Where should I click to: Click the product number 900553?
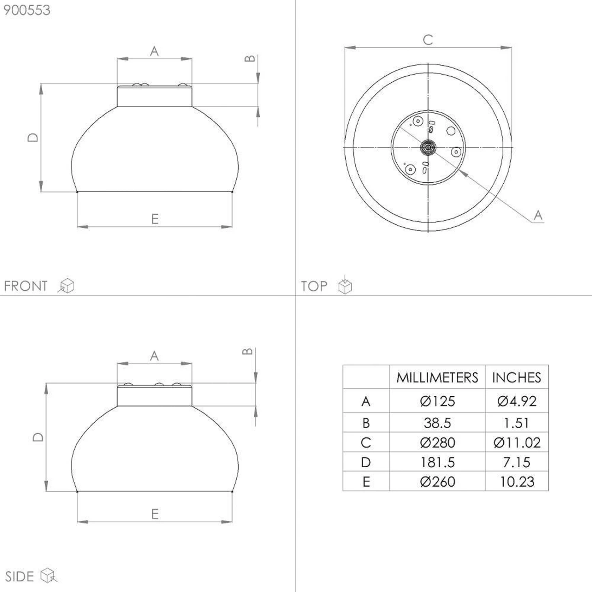pos(27,10)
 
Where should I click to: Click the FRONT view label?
pos(26,286)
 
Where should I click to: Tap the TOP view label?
pos(314,286)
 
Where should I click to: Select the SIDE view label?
pos(19,577)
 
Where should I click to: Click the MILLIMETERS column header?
pos(437,378)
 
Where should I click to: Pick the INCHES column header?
pos(517,378)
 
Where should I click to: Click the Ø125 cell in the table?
pos(437,401)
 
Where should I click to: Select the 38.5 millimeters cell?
pos(437,423)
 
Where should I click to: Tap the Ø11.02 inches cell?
pos(517,442)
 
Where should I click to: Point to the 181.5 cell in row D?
pos(437,462)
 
